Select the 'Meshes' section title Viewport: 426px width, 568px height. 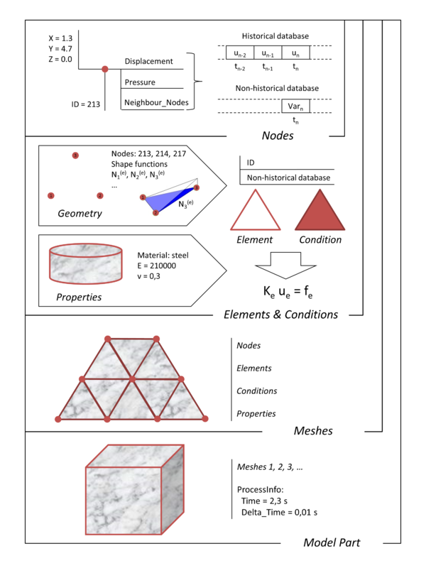pos(313,431)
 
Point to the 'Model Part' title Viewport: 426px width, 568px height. pos(331,543)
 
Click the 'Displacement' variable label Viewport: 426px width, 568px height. pos(148,62)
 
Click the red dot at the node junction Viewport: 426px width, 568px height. pos(105,69)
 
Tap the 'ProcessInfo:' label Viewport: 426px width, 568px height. pos(260,490)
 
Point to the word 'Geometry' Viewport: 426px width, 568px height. pos(80,212)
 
